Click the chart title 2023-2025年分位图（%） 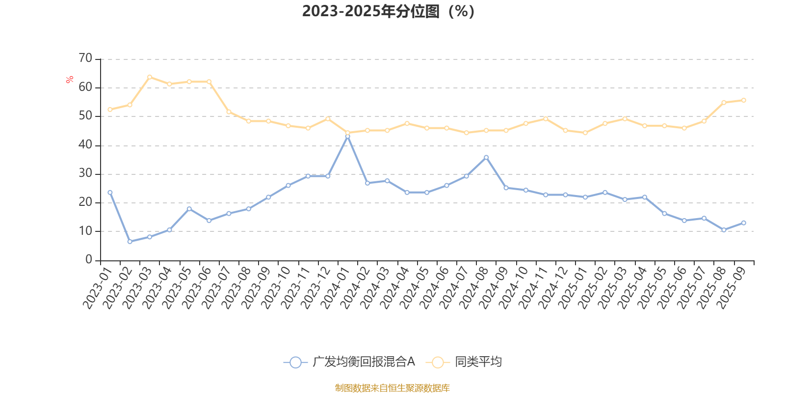[x=388, y=11]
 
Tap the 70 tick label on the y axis [x=85, y=58]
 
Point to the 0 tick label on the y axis [x=89, y=260]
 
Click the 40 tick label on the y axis [x=85, y=145]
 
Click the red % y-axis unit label [x=70, y=79]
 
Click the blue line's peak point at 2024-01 [x=348, y=136]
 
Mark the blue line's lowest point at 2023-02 [x=130, y=241]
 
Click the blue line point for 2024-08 [x=486, y=157]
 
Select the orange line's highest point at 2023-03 [x=150, y=77]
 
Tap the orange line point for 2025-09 [x=744, y=100]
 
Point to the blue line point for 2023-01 [x=110, y=192]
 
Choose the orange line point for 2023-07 [x=229, y=112]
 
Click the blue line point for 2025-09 [x=744, y=223]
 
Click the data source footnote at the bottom [x=392, y=388]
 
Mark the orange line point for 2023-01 [x=110, y=110]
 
